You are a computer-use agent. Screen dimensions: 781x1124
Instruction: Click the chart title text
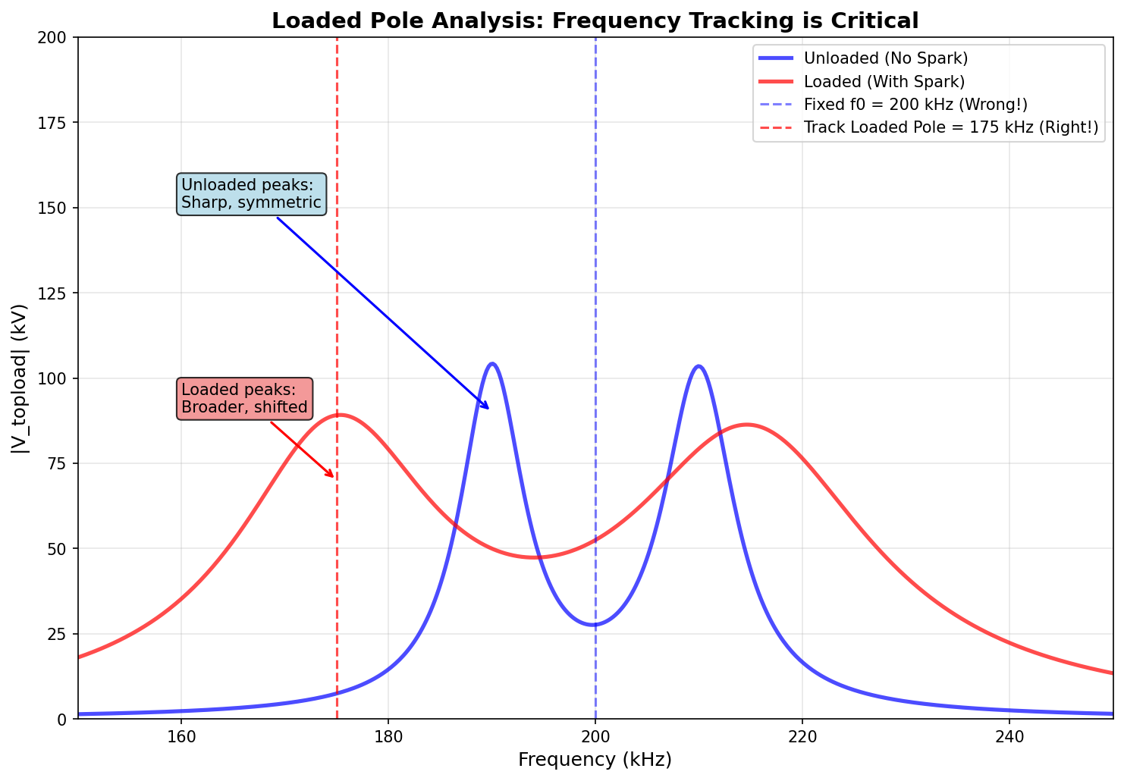[x=595, y=20]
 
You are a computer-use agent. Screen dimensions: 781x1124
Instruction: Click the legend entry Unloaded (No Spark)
[x=885, y=58]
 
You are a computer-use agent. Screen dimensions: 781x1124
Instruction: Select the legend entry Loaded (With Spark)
[x=884, y=81]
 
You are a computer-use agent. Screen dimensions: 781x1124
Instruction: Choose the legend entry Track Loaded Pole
[x=950, y=127]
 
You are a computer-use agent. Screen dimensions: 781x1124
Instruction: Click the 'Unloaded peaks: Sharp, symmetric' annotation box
[x=251, y=194]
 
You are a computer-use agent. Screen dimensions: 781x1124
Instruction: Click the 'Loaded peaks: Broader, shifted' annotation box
[x=244, y=398]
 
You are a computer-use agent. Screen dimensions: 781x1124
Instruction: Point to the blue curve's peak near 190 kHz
[x=492, y=364]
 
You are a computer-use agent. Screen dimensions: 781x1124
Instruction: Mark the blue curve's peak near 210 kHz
[x=699, y=366]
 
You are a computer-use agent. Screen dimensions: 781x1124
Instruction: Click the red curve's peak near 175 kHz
[x=340, y=415]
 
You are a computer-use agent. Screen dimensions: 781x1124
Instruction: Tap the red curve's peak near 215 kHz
[x=746, y=425]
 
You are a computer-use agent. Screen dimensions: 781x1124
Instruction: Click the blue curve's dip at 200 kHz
[x=595, y=625]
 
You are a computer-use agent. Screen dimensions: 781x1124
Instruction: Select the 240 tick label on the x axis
[x=1009, y=736]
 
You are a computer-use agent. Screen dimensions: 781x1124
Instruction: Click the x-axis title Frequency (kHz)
[x=595, y=760]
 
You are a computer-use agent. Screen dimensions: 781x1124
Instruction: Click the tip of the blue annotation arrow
[x=490, y=409]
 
